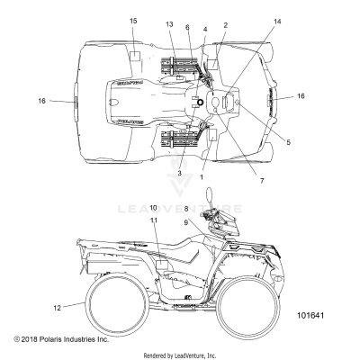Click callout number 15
tap(133, 20)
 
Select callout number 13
tap(168, 24)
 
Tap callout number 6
tap(186, 27)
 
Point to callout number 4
tap(205, 30)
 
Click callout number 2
tap(225, 25)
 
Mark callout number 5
tap(263, 140)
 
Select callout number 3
tap(179, 173)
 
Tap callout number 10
tap(154, 233)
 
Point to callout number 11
tap(154, 245)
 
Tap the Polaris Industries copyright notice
tap(60, 339)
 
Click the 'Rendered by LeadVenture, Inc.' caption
tap(179, 355)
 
